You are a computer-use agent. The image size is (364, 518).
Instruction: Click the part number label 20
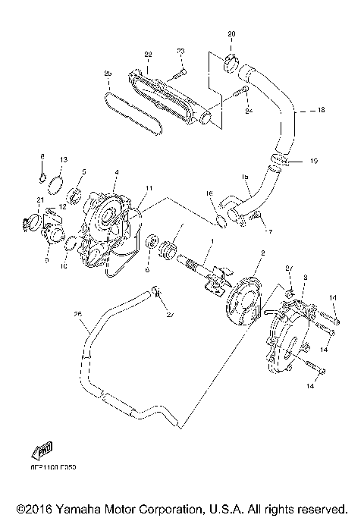[x=231, y=35]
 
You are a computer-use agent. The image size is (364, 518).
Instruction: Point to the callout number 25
[x=108, y=74]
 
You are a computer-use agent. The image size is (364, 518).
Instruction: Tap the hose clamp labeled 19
[x=279, y=160]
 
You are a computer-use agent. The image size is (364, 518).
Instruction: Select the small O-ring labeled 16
[x=220, y=221]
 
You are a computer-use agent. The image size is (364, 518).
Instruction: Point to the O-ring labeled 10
[x=68, y=243]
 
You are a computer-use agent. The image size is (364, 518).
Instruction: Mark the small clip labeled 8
[x=44, y=179]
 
